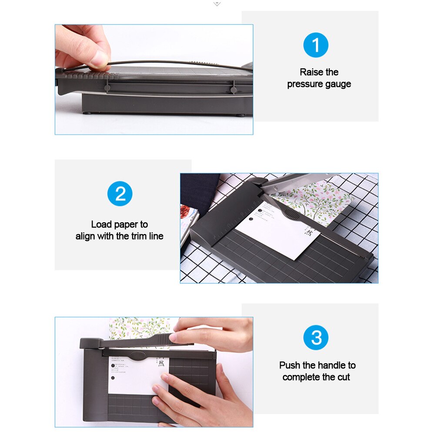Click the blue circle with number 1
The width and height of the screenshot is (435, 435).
coord(316,45)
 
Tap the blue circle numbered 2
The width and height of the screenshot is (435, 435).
coord(120,194)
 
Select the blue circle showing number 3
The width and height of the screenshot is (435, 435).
coord(316,338)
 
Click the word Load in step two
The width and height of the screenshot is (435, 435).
coord(101,224)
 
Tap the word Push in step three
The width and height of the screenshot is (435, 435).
coord(289,365)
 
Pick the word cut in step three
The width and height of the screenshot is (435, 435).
coord(344,377)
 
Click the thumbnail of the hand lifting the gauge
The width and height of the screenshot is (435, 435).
coord(154,79)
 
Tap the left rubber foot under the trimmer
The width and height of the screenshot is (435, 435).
coord(89,114)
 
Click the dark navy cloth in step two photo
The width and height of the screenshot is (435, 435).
coord(198,191)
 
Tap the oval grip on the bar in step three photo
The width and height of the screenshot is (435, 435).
coord(137,356)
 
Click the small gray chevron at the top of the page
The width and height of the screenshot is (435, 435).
coord(217,3)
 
